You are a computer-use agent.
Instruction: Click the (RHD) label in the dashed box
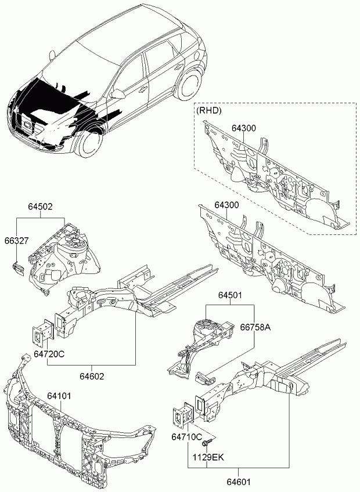pos(209,109)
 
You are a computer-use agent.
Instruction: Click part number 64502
pos(41,205)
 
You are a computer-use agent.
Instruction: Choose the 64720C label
pos(49,353)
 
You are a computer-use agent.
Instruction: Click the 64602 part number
pos(92,376)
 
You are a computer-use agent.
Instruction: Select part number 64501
pos(230,295)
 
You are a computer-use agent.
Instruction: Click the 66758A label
pos(256,327)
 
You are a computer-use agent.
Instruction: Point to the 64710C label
pos(187,436)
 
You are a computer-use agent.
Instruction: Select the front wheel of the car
pos(87,143)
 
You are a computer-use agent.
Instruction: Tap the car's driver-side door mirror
pos(120,93)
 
